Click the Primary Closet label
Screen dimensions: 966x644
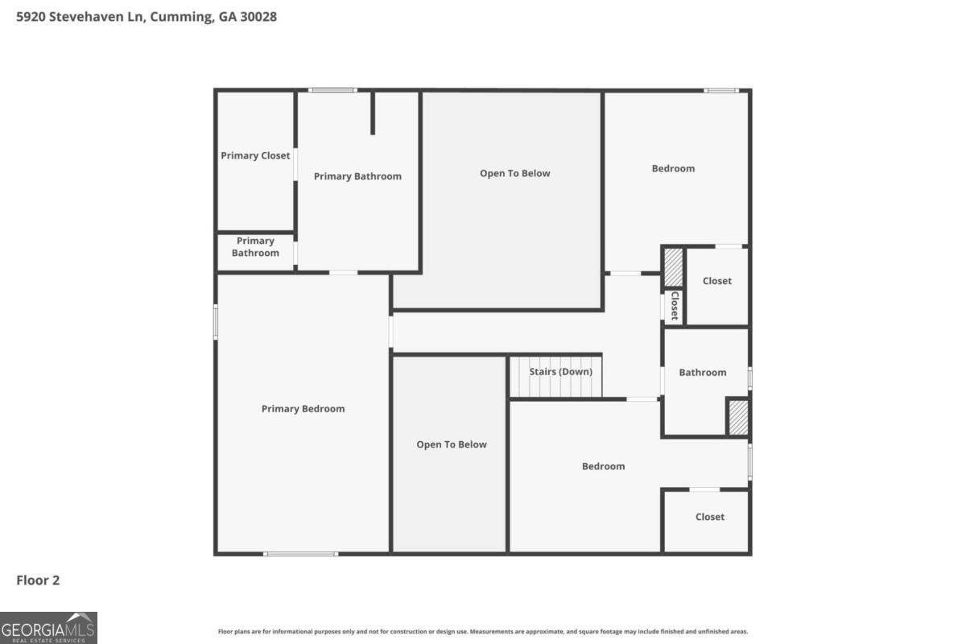click(255, 155)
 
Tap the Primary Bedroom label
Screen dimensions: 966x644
click(303, 408)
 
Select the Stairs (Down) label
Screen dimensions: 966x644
click(560, 371)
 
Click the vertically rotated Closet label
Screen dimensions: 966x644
click(675, 305)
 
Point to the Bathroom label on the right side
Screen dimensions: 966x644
click(703, 372)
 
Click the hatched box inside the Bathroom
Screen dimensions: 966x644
click(738, 417)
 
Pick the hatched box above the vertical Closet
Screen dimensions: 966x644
click(673, 267)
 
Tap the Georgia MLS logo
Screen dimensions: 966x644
click(48, 628)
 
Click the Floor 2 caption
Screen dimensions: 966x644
click(38, 580)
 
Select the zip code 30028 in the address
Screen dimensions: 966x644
click(258, 17)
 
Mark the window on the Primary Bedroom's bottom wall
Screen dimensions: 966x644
click(300, 554)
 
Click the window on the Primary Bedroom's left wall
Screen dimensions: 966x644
click(216, 322)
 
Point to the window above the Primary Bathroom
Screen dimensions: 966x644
click(332, 90)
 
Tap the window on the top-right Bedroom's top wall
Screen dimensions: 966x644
click(721, 91)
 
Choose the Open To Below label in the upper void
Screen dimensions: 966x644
click(515, 173)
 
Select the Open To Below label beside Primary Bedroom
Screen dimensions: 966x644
click(452, 444)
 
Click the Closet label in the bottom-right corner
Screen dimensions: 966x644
click(710, 517)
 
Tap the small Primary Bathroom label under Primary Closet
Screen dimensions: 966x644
click(255, 246)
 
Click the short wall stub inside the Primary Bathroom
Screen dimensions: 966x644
click(373, 113)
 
